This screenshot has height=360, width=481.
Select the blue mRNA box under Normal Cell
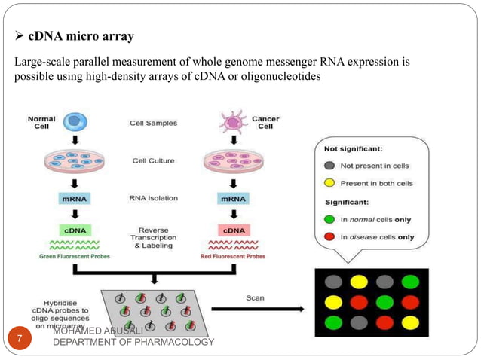(76, 199)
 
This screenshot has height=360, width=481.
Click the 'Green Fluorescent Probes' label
(74, 256)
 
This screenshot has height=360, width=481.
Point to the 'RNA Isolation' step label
(155, 198)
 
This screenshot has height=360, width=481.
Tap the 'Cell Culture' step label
(154, 160)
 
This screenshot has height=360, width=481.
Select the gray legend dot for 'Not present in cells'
(329, 165)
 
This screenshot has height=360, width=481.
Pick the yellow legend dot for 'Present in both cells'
(329, 183)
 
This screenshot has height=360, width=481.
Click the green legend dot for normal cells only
(329, 219)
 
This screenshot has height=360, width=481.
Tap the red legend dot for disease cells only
(329, 237)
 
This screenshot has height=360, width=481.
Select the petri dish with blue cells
(75, 160)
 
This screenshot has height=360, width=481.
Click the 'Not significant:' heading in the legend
(354, 149)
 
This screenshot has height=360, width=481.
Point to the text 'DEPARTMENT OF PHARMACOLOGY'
(133, 343)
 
